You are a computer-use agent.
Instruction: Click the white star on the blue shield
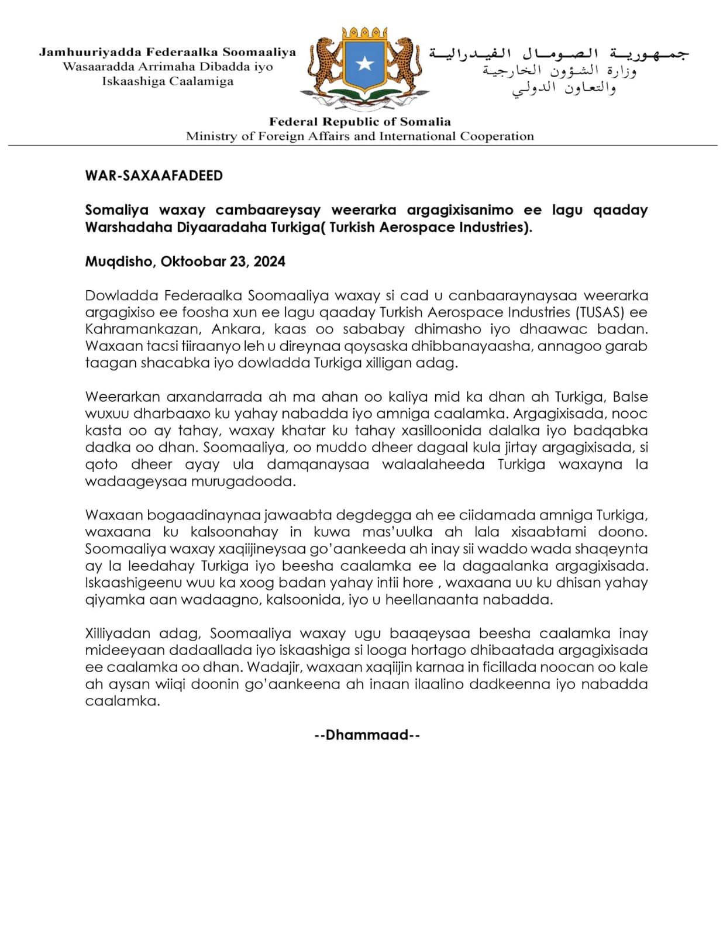[364, 63]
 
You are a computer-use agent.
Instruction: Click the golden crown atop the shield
[364, 32]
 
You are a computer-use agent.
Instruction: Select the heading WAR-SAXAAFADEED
[154, 175]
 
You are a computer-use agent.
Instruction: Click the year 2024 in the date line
[270, 261]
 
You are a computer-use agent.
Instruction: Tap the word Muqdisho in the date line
[119, 261]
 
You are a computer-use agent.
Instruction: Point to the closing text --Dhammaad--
[367, 735]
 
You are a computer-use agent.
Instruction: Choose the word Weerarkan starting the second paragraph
[122, 397]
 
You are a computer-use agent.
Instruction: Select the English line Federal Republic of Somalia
[360, 122]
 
